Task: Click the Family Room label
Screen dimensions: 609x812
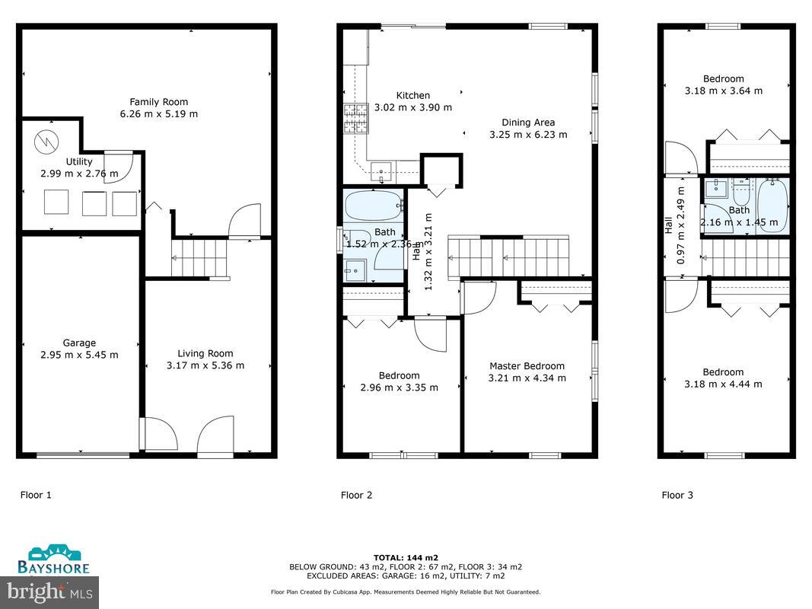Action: coord(158,102)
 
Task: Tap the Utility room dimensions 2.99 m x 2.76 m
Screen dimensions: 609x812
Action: coord(79,174)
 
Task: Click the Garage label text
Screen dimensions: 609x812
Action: coord(79,343)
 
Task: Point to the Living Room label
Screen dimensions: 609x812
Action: coord(205,353)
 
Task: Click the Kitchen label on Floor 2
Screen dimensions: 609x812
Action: coord(413,96)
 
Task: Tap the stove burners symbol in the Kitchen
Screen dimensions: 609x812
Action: coord(355,119)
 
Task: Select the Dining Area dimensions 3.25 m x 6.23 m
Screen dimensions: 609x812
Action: coord(527,135)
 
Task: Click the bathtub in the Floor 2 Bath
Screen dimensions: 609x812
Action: coord(373,206)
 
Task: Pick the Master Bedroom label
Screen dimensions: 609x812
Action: coord(527,366)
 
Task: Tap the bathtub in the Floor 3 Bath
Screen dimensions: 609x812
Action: coord(772,204)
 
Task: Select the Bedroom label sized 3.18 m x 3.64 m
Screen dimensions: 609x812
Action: coord(723,79)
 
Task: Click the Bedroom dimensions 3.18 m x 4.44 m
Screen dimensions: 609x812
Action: coord(723,384)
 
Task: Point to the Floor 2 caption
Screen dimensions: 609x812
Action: coord(356,496)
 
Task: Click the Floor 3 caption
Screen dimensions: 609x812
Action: coord(677,496)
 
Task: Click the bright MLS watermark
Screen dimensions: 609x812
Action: coord(49,590)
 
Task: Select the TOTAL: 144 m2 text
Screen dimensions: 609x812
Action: coord(406,558)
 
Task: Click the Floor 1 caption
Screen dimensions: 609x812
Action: coord(36,496)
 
